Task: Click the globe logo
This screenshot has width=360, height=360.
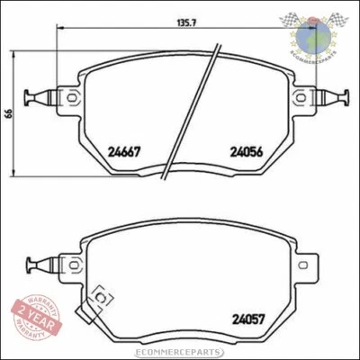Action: pyautogui.click(x=315, y=36)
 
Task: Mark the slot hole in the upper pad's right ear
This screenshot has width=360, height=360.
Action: pyautogui.click(x=300, y=94)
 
